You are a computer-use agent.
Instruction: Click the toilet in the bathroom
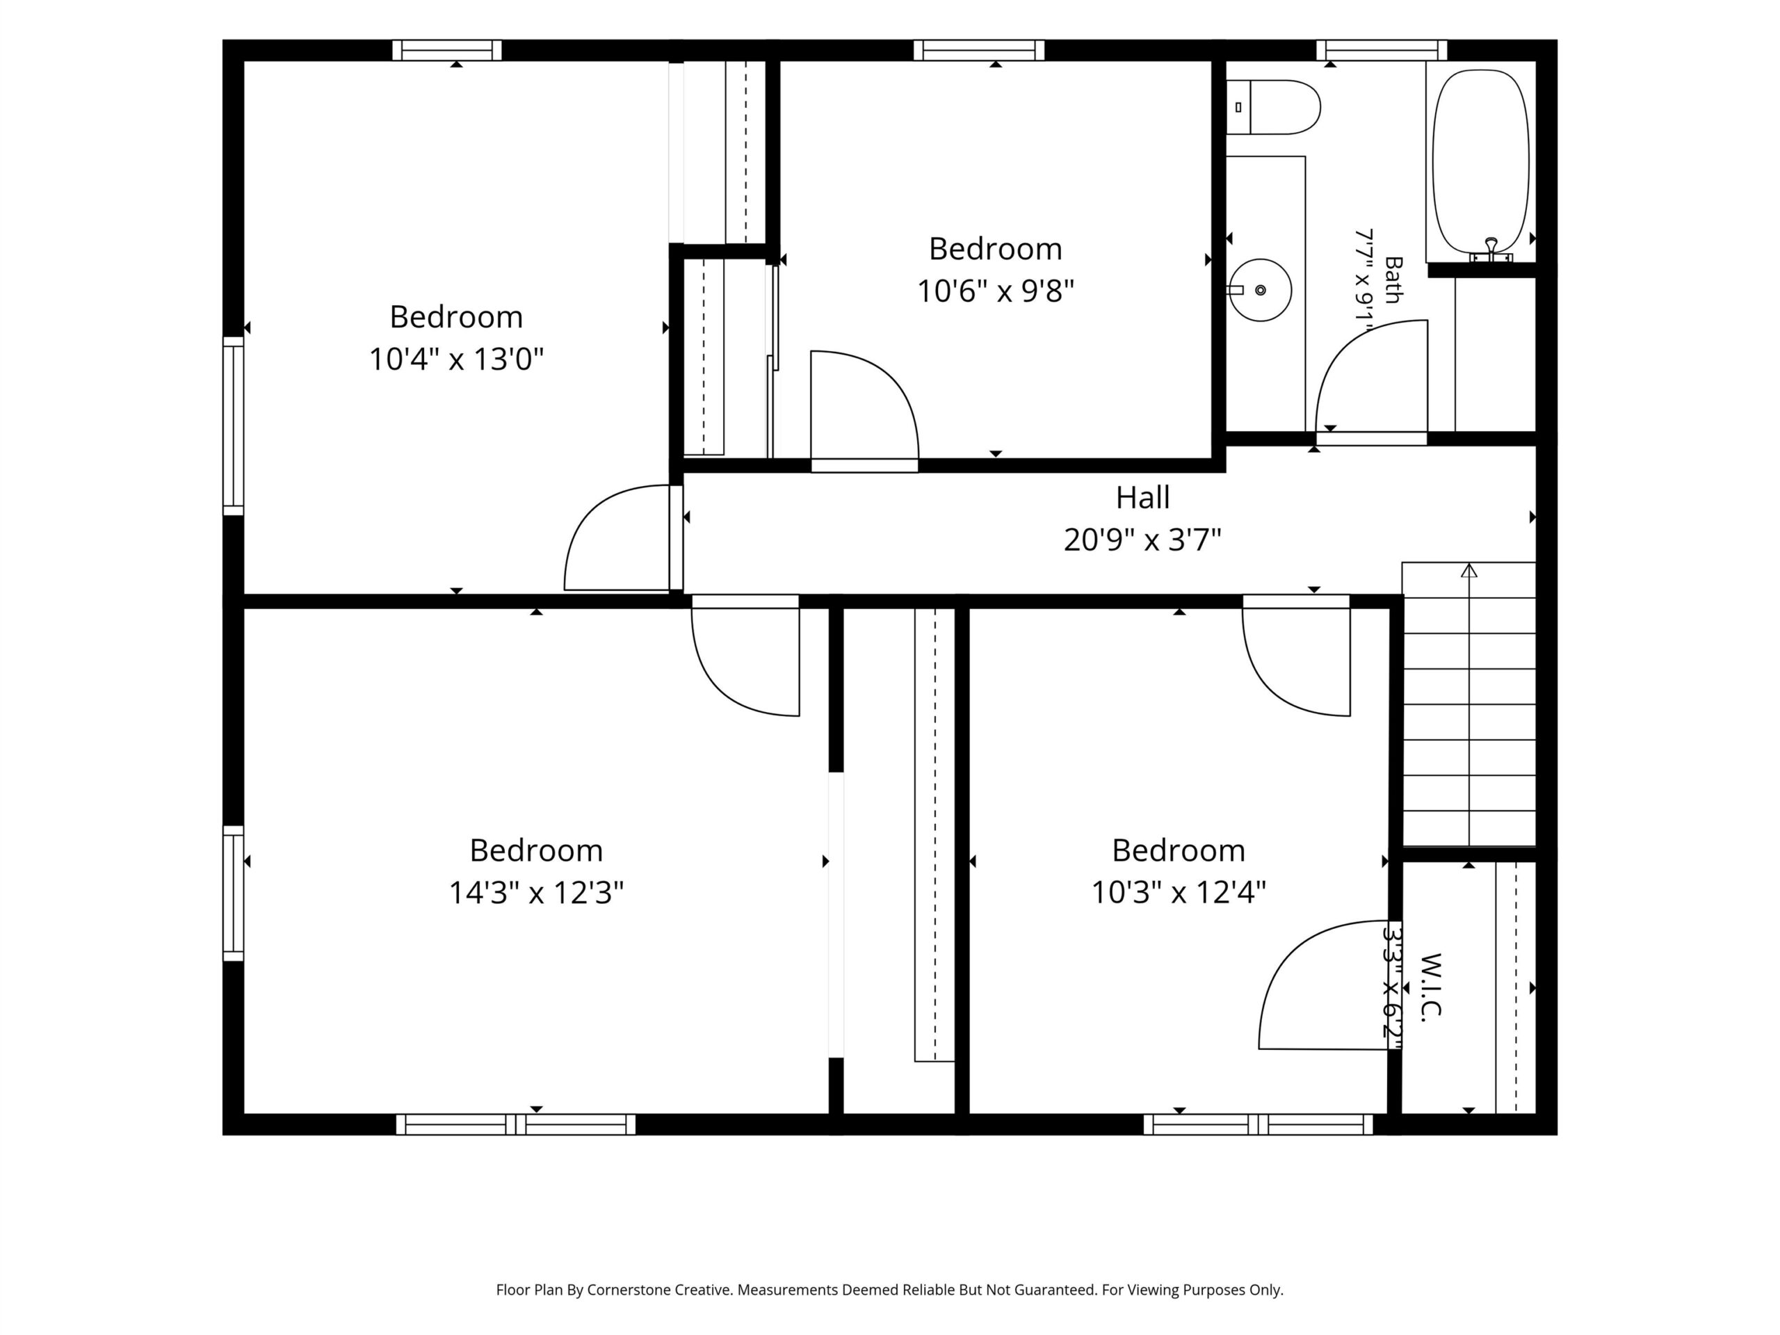tap(1273, 107)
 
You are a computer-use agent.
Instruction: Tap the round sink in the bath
tap(1260, 290)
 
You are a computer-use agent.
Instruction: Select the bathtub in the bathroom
tap(1480, 161)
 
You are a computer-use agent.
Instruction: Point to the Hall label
tap(1142, 497)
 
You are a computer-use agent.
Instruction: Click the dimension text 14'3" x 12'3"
tap(536, 892)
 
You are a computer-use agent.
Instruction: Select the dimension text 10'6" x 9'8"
tap(996, 291)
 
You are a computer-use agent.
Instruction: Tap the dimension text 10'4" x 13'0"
tap(456, 359)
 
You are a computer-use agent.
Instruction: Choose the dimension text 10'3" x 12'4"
tap(1178, 892)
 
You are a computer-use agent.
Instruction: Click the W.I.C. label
tap(1431, 987)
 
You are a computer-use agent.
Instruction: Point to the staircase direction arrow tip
tap(1469, 564)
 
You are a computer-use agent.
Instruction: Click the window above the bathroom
tap(1382, 50)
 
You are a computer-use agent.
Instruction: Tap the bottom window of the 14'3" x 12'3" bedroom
tap(516, 1124)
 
